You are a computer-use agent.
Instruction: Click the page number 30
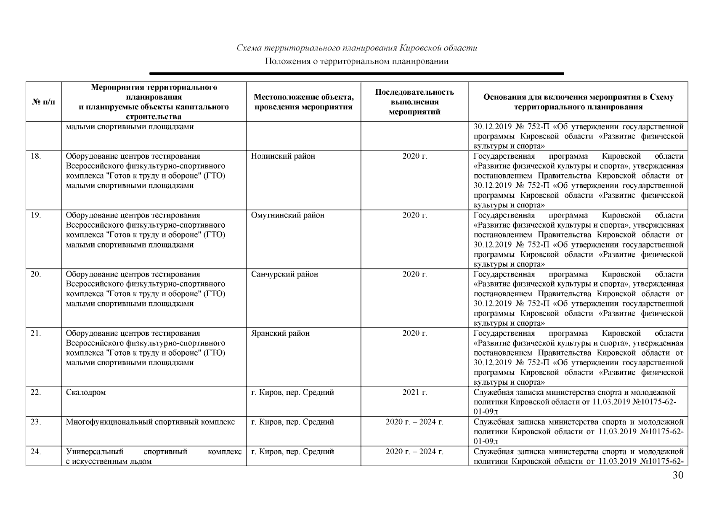[x=678, y=476]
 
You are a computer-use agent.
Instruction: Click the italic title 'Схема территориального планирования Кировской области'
[x=357, y=48]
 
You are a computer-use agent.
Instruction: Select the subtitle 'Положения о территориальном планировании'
[x=357, y=61]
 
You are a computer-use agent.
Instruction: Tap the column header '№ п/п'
[x=43, y=102]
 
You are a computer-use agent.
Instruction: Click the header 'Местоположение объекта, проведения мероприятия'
[x=303, y=102]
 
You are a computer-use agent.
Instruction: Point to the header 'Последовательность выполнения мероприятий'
[x=414, y=102]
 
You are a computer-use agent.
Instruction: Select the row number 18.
[x=36, y=157]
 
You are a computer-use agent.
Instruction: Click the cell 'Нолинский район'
[x=283, y=157]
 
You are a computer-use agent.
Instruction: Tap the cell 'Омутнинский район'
[x=287, y=215]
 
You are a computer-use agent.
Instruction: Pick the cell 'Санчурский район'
[x=284, y=274]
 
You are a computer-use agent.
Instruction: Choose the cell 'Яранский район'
[x=280, y=333]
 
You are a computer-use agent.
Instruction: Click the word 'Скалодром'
[x=86, y=393]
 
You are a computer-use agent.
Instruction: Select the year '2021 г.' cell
[x=414, y=393]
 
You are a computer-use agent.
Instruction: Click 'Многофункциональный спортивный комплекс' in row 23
[x=150, y=422]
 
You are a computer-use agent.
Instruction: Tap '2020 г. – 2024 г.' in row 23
[x=414, y=422]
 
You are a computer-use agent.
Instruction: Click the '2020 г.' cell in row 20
[x=414, y=274]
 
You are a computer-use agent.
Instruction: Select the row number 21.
[x=36, y=333]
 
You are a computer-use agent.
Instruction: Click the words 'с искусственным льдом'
[x=109, y=461]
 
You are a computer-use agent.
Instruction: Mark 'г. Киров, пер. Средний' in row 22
[x=292, y=393]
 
